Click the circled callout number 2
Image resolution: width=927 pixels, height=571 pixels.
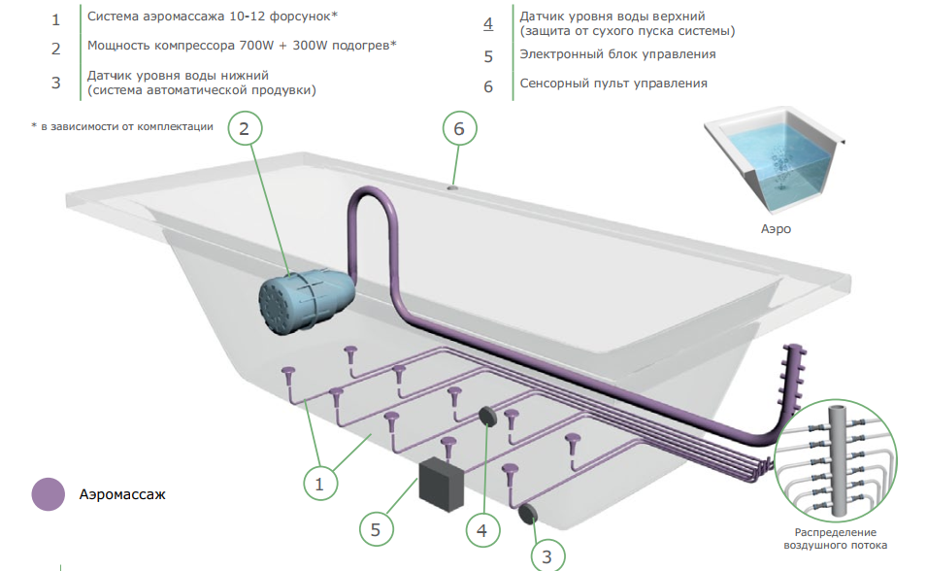click(x=245, y=128)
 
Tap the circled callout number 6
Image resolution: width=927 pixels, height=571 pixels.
click(x=459, y=128)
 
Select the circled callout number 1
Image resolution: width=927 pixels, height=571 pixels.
click(x=319, y=484)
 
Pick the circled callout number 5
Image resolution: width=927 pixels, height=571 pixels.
click(x=376, y=529)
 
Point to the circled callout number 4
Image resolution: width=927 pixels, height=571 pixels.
click(x=482, y=530)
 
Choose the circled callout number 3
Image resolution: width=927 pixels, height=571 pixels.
click(x=546, y=556)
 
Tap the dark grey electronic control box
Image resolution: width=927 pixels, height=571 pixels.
click(x=442, y=484)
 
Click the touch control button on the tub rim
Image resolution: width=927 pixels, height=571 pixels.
click(x=453, y=188)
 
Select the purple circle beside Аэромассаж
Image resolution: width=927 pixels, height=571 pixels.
click(x=48, y=494)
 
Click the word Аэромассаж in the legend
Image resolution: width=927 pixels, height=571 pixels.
click(x=122, y=494)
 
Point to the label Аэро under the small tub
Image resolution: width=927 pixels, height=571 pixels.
click(x=776, y=229)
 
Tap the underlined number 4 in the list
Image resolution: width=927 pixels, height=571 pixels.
click(x=487, y=23)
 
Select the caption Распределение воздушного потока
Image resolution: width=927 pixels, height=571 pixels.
click(x=836, y=539)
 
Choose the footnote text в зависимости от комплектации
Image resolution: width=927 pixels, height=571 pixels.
click(x=126, y=126)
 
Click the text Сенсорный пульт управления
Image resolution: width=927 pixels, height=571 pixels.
click(x=613, y=84)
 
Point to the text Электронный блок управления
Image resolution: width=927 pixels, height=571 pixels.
click(x=617, y=54)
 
